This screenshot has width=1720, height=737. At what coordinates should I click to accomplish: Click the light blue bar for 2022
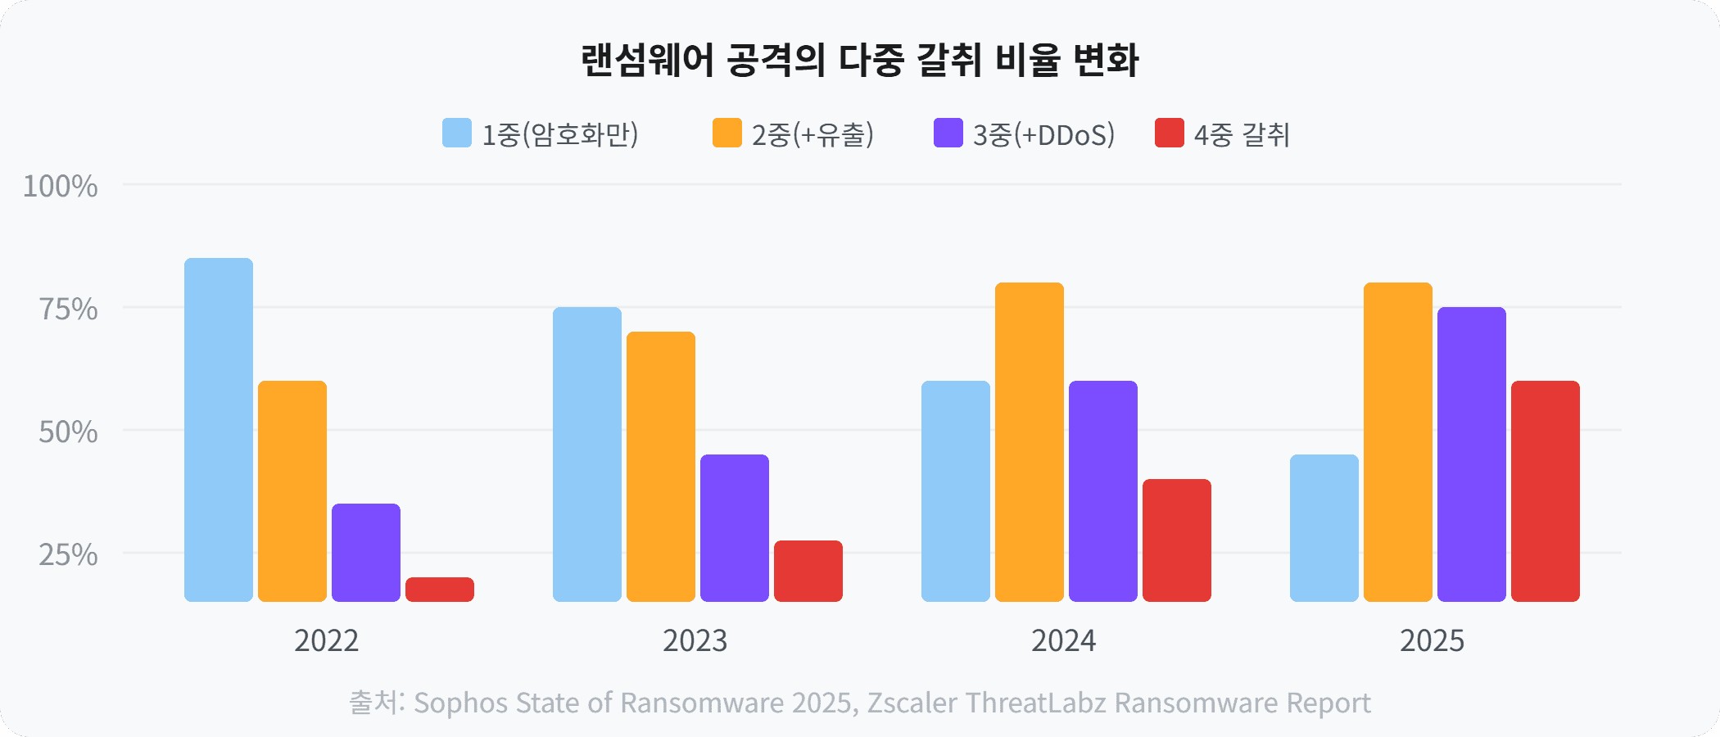click(x=219, y=430)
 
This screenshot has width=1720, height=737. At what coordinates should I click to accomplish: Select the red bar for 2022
click(x=440, y=590)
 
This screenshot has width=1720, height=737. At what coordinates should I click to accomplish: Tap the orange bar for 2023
click(x=661, y=467)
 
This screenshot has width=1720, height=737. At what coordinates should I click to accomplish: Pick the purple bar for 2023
click(x=735, y=528)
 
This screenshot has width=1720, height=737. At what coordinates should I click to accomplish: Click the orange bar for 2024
click(x=1030, y=442)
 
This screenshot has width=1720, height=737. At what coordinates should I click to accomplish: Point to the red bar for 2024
click(x=1177, y=540)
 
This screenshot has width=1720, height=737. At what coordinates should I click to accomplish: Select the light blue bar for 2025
click(x=1324, y=528)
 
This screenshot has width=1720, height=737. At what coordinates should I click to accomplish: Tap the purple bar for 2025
click(x=1472, y=454)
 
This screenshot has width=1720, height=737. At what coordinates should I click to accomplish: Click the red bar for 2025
click(x=1546, y=491)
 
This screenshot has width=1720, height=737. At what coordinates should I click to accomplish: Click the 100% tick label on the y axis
click(x=60, y=187)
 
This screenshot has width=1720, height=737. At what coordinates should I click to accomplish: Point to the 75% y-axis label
click(x=68, y=310)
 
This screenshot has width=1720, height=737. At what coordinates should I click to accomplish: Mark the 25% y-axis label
click(x=68, y=555)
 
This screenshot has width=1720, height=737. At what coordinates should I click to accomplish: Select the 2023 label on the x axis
click(x=695, y=640)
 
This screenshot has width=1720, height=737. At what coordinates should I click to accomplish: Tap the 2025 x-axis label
click(x=1432, y=640)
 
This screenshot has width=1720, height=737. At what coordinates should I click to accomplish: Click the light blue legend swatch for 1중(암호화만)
click(x=457, y=133)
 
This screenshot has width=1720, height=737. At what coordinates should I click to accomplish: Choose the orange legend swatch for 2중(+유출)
click(x=727, y=133)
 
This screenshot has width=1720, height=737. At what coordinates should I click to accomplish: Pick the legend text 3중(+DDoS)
click(x=1043, y=134)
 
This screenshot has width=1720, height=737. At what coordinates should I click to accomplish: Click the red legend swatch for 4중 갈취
click(x=1170, y=133)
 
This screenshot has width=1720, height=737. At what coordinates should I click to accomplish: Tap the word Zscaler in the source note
click(x=912, y=703)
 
